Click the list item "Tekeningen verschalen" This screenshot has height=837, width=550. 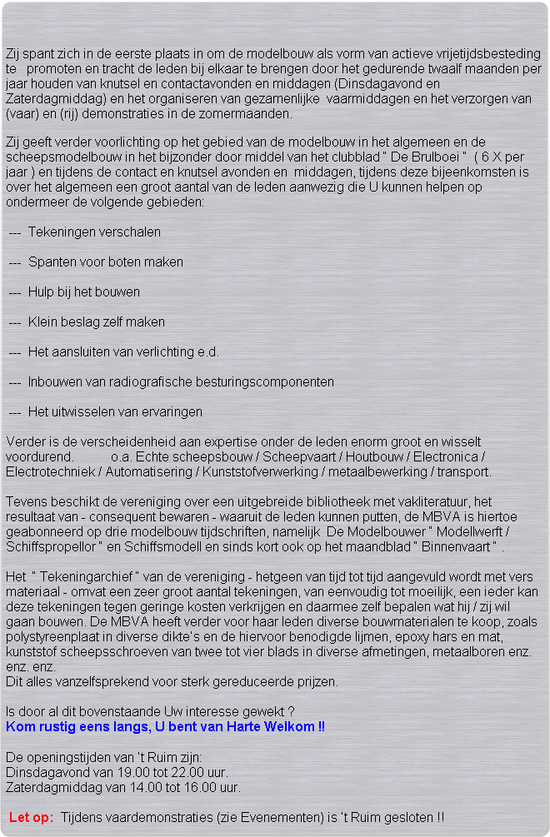coord(94,232)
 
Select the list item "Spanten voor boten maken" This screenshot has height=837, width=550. coord(105,262)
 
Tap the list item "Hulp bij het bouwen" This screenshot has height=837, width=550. coord(83,291)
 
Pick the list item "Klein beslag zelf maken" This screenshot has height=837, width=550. coord(96,321)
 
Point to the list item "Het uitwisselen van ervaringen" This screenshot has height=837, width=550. coord(115,411)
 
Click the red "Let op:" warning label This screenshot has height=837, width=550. coord(32,817)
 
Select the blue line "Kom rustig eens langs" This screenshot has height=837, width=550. coord(165,727)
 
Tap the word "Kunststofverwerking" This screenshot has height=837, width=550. coord(251,472)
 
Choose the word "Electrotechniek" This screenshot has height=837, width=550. coord(49,472)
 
